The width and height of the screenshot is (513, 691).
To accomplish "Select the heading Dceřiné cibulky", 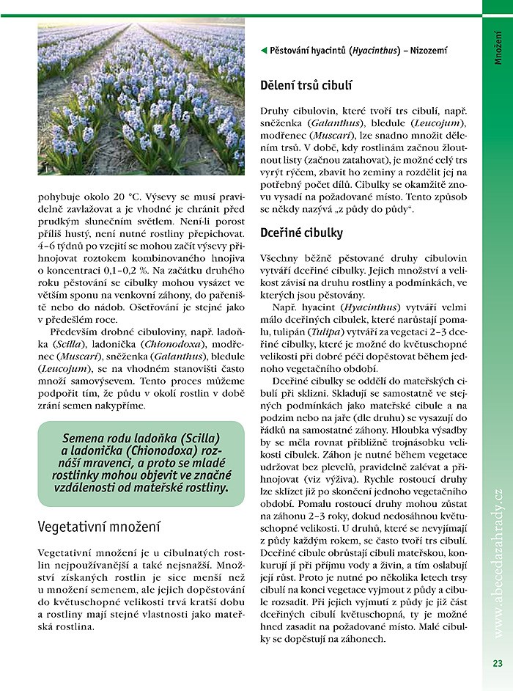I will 302,233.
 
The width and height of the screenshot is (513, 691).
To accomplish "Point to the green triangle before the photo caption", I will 264,51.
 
